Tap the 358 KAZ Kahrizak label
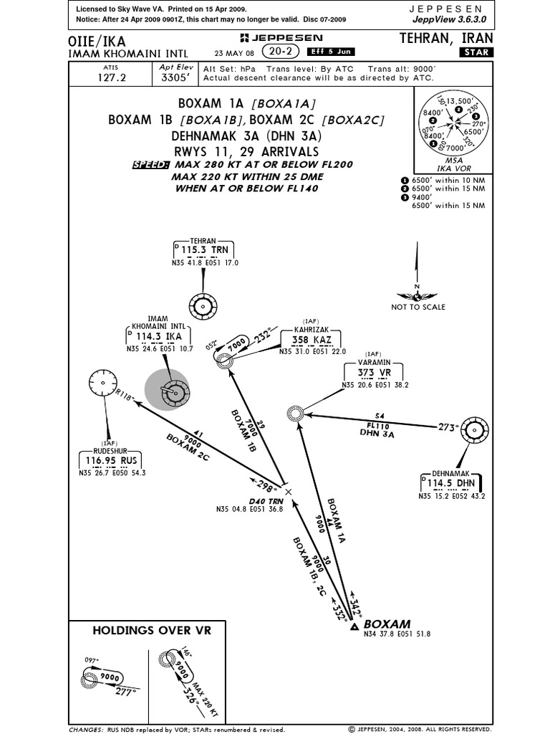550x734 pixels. pyautogui.click(x=310, y=339)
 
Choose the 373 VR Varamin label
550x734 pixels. pyautogui.click(x=375, y=372)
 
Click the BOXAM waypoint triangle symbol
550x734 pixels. pyautogui.click(x=354, y=627)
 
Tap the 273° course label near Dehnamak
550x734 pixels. pyautogui.click(x=448, y=427)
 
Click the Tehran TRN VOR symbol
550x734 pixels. pyautogui.click(x=203, y=307)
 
